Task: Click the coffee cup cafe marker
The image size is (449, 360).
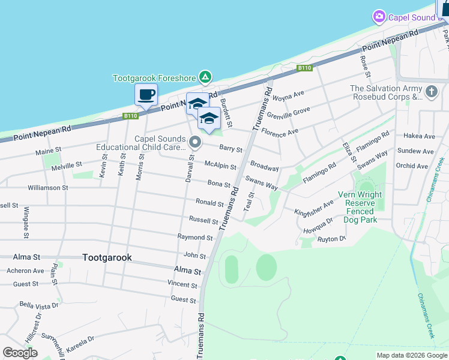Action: tap(146, 94)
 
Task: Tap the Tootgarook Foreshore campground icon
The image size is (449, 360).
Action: tap(205, 77)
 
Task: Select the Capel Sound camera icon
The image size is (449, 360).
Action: tap(379, 17)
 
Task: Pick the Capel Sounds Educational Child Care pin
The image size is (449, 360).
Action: tap(194, 143)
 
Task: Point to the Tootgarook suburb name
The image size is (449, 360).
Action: tap(107, 257)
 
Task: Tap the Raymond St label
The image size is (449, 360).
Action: tap(195, 238)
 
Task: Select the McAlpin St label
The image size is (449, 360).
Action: tap(220, 164)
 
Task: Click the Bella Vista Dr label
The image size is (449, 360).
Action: tap(39, 305)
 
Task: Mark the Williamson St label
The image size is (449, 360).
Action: tap(48, 188)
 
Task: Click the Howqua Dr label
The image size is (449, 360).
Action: tap(318, 224)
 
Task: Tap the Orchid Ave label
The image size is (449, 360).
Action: tap(412, 166)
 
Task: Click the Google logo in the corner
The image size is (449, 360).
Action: tap(20, 353)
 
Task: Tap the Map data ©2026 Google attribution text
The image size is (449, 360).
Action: tap(411, 355)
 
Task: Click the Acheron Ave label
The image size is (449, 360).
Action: tap(25, 271)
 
